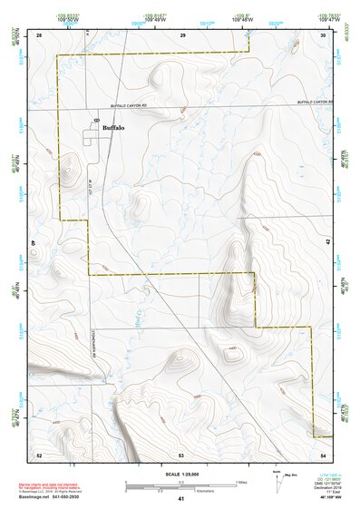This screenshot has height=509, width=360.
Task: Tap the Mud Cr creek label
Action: click(131, 321)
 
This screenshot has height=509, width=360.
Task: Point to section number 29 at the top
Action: click(182, 34)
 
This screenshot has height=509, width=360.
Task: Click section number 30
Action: click(324, 34)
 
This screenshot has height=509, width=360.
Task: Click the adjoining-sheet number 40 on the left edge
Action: click(34, 243)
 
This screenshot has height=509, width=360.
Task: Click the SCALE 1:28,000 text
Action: click(181, 474)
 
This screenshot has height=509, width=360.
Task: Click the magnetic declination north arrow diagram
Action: click(277, 481)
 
